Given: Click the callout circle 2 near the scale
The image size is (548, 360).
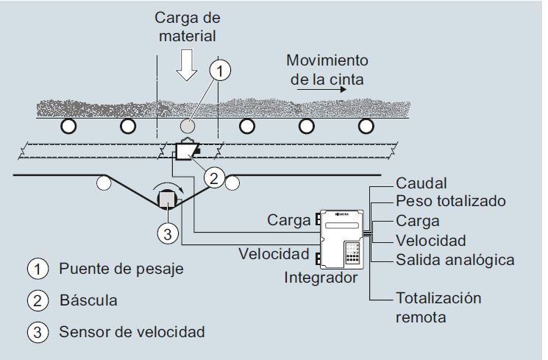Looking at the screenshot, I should tap(213, 177).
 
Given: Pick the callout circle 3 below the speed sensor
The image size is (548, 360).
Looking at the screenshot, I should tap(168, 234).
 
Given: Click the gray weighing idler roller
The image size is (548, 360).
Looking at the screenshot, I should tap(188, 126).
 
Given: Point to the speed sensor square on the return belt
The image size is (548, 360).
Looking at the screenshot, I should tap(168, 199).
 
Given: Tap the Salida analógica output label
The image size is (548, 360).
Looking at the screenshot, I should tap(455, 260).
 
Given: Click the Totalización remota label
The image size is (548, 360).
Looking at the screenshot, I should tap(438, 307).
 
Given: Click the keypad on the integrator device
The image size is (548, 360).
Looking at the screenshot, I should tap(352, 255).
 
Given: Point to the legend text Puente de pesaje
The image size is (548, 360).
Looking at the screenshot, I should tap(121, 268).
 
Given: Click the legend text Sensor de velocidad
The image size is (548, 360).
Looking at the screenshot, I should tap(132, 332).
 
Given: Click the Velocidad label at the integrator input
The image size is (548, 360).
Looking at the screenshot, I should tap(273, 255).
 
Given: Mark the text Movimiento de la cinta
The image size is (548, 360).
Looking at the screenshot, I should tap(327, 68).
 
